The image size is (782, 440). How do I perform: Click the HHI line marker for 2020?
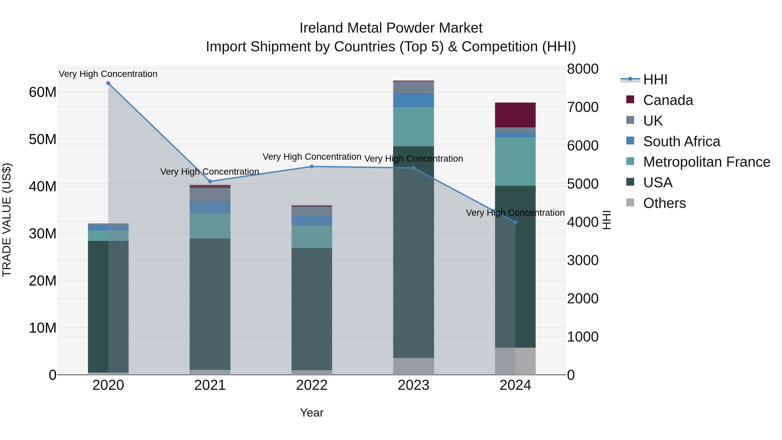[108, 83]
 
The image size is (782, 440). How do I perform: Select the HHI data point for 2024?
[515, 222]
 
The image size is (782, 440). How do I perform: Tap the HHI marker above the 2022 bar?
[312, 166]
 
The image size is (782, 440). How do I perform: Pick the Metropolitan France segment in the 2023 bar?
[413, 127]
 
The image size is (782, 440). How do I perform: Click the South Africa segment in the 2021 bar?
[210, 207]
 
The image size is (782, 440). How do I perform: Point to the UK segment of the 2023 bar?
[413, 87]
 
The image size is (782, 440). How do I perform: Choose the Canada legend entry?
[668, 100]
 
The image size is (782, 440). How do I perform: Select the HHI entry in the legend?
[655, 80]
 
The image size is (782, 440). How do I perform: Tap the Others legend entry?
[664, 203]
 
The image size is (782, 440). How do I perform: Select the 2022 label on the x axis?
[312, 385]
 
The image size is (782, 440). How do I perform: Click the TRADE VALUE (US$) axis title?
[7, 220]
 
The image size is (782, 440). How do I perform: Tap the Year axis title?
[312, 413]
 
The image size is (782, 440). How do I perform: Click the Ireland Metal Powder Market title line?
[391, 28]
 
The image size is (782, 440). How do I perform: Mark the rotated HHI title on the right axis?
[606, 220]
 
